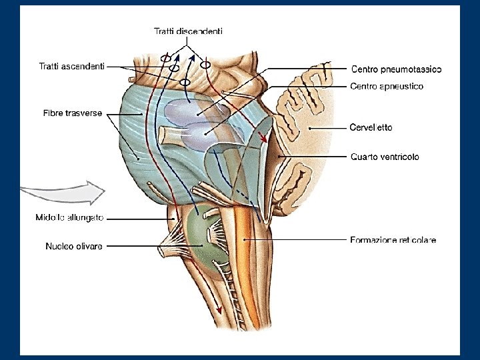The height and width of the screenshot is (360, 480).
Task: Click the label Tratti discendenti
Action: coord(188,31)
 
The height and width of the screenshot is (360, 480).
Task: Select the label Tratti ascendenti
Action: coord(71,65)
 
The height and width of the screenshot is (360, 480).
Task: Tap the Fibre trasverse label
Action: coord(69,113)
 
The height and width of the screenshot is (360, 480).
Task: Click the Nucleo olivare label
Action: coord(74,246)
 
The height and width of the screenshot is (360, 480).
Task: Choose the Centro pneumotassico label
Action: coord(396,69)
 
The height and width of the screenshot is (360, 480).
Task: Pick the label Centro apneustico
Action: coord(387,86)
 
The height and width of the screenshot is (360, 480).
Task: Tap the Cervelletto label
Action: coord(371,127)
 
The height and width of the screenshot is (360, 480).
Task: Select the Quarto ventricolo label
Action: coord(385,157)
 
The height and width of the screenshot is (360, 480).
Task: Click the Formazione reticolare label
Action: coord(393,240)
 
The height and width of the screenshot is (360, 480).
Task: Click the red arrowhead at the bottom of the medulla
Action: coord(218,310)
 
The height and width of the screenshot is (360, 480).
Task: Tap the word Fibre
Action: coord(49,113)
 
